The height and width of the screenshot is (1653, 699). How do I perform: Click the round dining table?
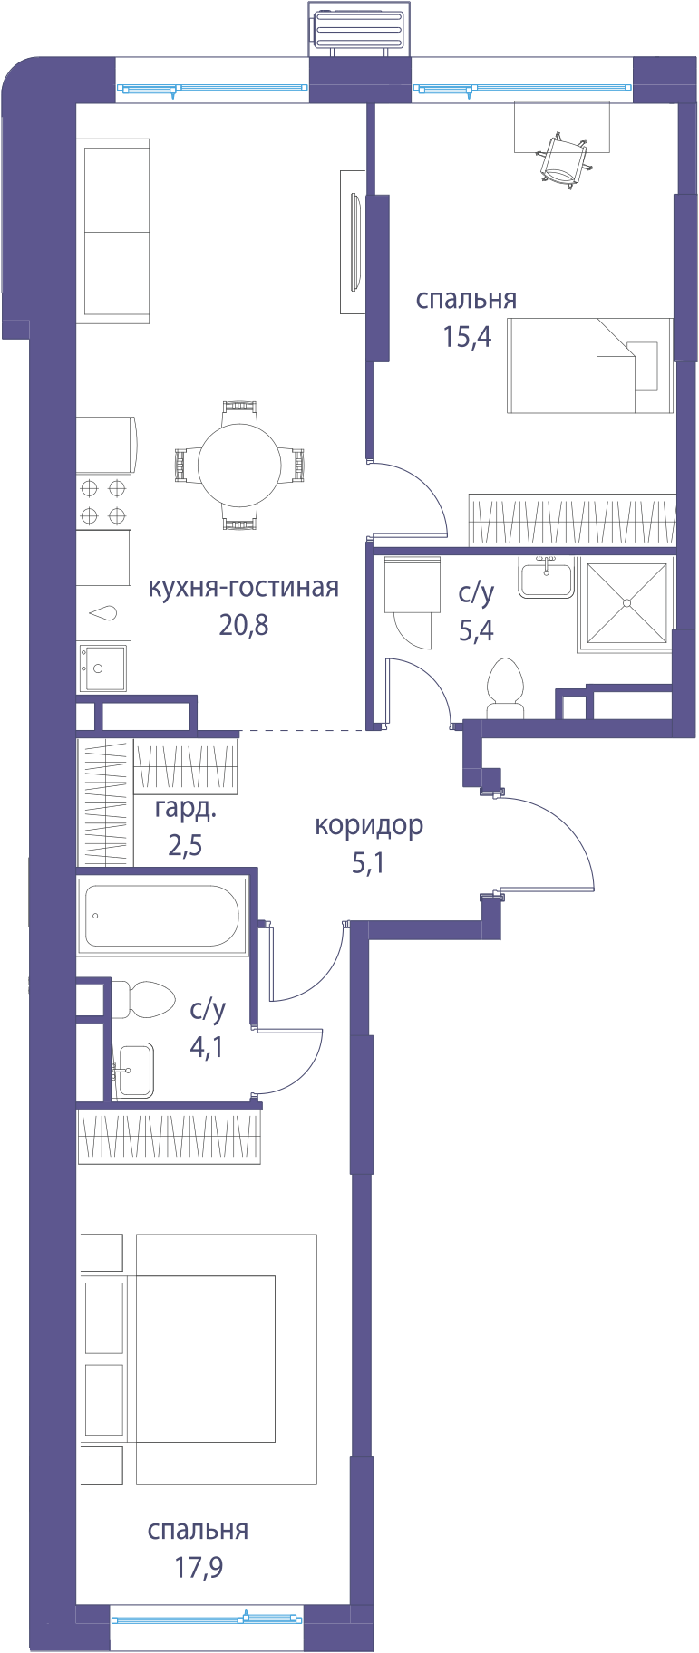(239, 466)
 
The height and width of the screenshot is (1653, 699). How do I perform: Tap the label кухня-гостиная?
(243, 588)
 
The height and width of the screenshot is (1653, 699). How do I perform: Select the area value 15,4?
(467, 337)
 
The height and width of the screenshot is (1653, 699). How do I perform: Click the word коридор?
(369, 826)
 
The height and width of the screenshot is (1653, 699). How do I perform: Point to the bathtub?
(162, 916)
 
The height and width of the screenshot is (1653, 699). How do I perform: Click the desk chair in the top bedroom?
(565, 160)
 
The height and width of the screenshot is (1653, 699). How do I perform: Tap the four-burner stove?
(103, 502)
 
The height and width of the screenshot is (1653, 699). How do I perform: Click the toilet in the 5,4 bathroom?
(505, 688)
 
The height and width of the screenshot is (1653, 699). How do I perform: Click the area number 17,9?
(199, 1567)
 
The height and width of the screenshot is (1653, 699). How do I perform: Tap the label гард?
(186, 809)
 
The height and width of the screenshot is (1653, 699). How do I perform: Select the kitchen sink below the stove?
(102, 668)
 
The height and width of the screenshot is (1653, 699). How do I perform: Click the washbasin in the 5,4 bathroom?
(546, 578)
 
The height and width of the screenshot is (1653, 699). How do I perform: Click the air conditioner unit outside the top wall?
(359, 28)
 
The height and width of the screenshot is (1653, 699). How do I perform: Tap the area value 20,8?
(244, 625)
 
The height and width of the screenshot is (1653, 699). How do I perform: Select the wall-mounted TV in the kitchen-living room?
(354, 242)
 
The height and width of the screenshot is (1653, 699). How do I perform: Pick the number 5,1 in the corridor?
(368, 863)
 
